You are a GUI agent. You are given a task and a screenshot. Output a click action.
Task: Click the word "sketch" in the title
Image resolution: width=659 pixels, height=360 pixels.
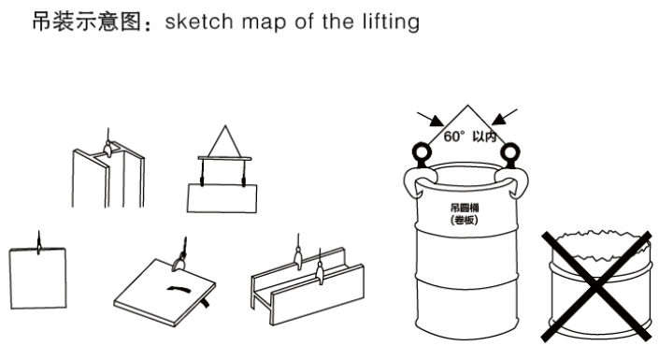[x=199, y=22]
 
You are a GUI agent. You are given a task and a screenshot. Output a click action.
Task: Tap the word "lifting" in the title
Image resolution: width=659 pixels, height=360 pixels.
[x=391, y=22]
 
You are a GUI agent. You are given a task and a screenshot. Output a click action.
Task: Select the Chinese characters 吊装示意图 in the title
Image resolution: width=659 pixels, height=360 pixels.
[x=87, y=22]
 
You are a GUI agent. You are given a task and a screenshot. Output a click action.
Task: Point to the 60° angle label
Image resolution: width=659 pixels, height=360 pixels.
[x=454, y=137]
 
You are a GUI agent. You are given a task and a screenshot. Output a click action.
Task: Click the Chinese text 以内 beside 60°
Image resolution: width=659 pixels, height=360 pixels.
[x=485, y=137]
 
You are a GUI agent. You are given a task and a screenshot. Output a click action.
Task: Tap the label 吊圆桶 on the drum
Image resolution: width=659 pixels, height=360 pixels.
[x=465, y=208]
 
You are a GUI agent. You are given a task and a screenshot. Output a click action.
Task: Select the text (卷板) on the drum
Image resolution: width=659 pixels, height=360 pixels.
[x=464, y=220]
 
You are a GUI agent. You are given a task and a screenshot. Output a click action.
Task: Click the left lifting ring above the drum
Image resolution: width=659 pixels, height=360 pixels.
[x=422, y=152]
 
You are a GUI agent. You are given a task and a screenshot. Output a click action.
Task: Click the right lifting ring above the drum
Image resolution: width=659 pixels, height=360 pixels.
[x=509, y=152]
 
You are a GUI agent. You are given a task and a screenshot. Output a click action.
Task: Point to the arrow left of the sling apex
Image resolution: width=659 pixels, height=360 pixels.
[x=430, y=119]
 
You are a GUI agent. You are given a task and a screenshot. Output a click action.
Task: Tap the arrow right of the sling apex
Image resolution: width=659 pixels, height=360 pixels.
[x=504, y=117]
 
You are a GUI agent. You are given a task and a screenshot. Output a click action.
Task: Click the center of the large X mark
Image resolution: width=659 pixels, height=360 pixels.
[x=596, y=286]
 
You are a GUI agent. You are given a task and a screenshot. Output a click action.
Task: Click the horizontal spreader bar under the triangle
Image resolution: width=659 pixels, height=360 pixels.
[x=225, y=159]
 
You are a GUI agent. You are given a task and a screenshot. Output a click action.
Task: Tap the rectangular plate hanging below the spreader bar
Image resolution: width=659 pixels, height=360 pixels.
[x=222, y=198]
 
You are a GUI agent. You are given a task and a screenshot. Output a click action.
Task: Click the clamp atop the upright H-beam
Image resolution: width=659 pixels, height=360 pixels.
[x=108, y=150]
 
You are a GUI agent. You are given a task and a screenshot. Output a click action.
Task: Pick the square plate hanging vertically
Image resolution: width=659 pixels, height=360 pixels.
[x=37, y=279]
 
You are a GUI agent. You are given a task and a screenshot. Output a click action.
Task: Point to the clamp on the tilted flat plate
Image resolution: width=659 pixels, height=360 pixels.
[x=179, y=263]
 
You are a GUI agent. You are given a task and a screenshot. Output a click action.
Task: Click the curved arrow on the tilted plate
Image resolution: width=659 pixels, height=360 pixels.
[x=179, y=289]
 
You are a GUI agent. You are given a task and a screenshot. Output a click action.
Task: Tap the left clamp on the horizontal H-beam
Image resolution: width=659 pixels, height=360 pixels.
[x=298, y=258]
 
